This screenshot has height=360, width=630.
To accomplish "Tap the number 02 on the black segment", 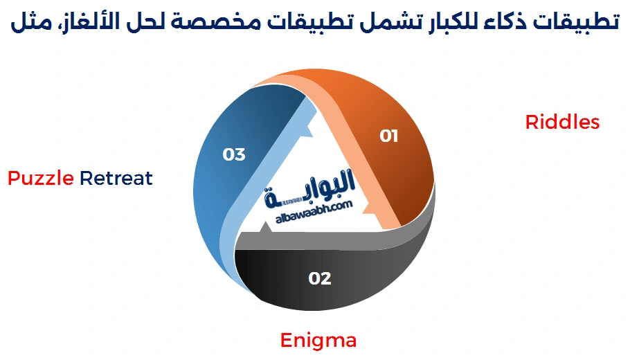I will tap(320, 278).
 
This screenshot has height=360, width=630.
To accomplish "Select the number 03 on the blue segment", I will tap(234, 154).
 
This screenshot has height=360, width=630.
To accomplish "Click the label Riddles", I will tap(562, 123).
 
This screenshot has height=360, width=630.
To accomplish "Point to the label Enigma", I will tap(318, 341).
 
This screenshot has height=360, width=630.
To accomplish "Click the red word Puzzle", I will tap(41, 179).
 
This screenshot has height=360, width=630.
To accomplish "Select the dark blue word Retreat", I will tap(116, 179).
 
